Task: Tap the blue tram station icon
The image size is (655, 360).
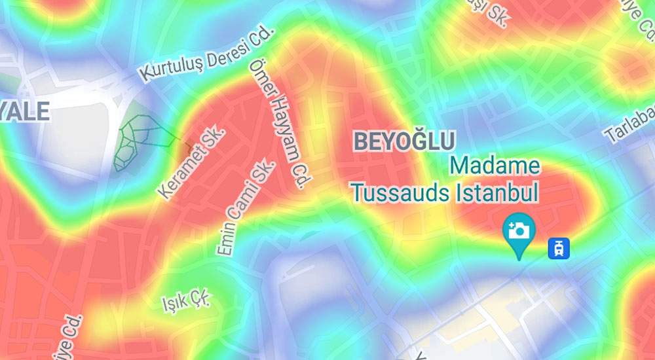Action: tap(559, 247)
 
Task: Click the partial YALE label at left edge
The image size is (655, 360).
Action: tap(24, 111)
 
